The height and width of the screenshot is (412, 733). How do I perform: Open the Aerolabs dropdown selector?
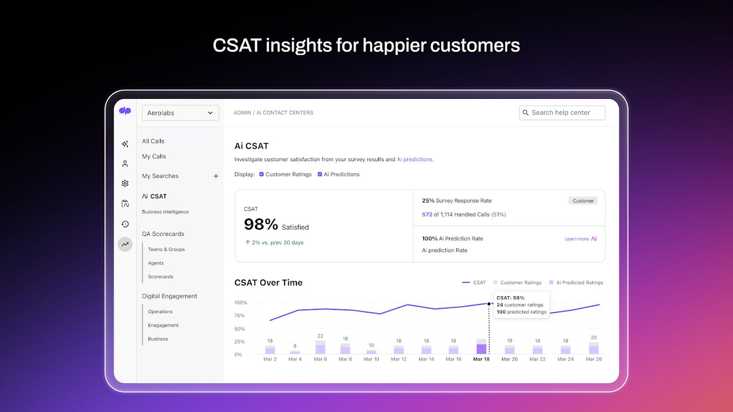click(180, 113)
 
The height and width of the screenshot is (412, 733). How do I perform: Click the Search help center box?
click(562, 113)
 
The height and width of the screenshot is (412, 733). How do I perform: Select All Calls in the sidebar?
click(153, 141)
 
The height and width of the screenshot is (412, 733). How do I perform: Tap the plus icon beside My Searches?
click(216, 176)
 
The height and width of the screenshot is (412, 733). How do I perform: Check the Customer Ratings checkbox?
click(261, 174)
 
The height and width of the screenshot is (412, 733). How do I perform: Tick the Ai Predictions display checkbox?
click(320, 174)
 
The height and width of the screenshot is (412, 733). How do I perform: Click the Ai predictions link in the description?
click(415, 160)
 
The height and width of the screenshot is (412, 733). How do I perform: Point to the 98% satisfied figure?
click(261, 225)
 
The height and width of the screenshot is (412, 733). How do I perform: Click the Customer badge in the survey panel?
click(583, 201)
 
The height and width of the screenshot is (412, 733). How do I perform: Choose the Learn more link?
click(577, 239)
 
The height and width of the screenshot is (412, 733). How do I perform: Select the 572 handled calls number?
click(427, 215)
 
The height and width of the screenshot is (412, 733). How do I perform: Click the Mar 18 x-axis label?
click(481, 359)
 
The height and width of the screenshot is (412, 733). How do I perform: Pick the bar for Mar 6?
click(321, 348)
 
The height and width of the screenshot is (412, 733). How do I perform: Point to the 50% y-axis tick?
click(240, 329)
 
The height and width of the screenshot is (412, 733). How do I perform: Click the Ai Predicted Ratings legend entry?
click(576, 283)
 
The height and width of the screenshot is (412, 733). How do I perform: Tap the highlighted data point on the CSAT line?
click(489, 304)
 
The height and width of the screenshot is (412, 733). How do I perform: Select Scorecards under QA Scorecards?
click(160, 277)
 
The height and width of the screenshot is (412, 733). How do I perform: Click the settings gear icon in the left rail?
click(125, 183)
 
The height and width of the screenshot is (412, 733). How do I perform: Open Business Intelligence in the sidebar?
click(165, 212)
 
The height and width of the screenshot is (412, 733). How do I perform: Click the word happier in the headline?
click(394, 45)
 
